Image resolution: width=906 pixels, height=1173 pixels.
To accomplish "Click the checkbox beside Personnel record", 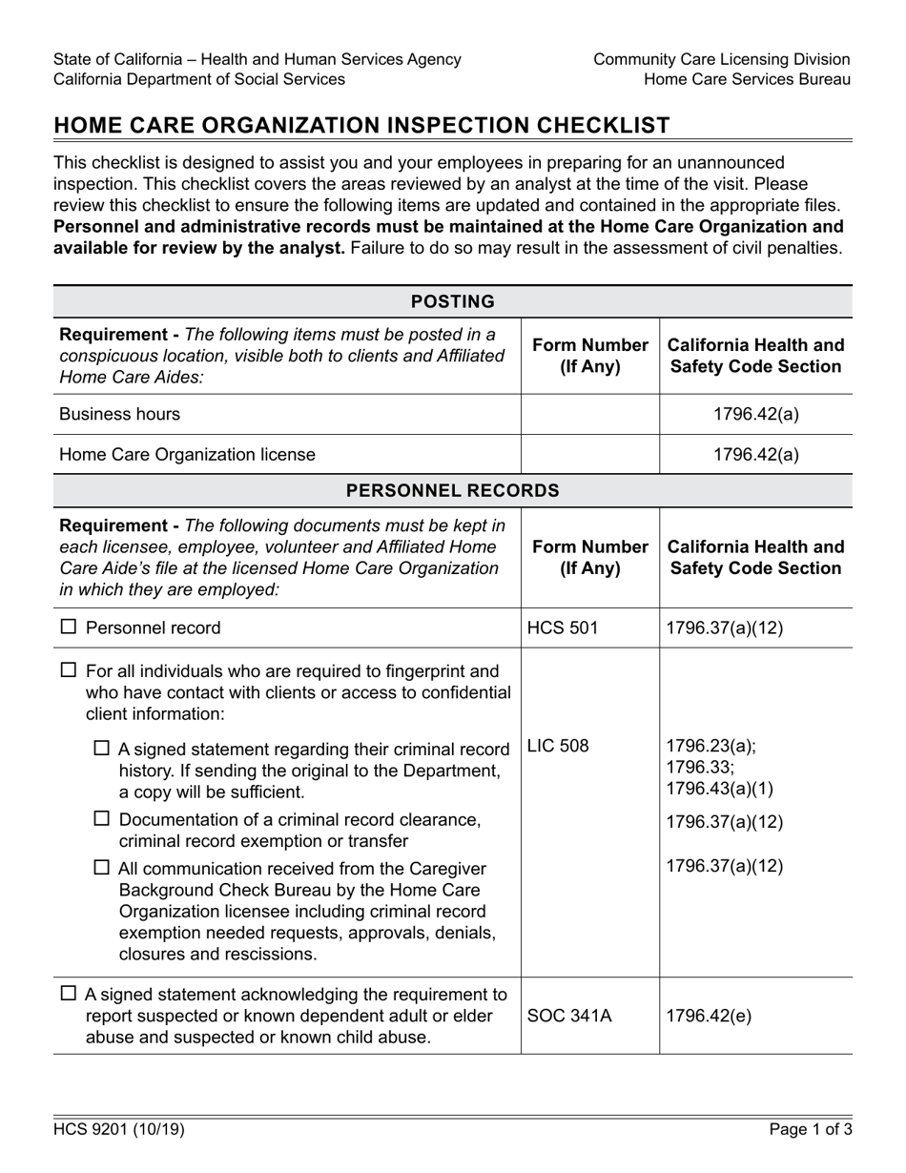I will click(69, 628).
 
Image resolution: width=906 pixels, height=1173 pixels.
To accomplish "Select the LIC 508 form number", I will click(558, 746).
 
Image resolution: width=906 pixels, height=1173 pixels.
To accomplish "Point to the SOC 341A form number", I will click(569, 1016).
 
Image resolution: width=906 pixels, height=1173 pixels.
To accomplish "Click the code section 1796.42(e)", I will click(710, 1016).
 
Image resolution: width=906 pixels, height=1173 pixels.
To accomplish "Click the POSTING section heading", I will click(452, 301).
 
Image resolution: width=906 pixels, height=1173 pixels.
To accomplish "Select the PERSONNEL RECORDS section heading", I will click(452, 490).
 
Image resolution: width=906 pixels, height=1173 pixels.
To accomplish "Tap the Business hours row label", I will click(119, 414).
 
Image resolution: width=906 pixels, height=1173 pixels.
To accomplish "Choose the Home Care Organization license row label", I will click(187, 454).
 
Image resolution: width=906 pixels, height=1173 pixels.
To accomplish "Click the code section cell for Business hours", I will click(755, 414).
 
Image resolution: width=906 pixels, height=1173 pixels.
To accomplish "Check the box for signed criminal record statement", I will click(102, 750).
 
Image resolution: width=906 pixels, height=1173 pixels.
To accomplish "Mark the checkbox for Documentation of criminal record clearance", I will click(102, 819).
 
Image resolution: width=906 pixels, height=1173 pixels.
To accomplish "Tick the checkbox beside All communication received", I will click(102, 869).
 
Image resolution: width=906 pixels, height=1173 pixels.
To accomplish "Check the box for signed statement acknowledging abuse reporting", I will click(69, 994).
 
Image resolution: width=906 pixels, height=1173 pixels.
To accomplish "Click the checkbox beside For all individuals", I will click(69, 670).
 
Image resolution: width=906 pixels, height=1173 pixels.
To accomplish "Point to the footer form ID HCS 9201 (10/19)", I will click(119, 1130).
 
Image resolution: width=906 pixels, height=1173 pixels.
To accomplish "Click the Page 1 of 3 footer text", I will click(810, 1130).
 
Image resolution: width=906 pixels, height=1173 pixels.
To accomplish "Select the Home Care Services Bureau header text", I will click(747, 79).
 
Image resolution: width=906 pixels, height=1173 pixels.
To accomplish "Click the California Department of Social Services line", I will click(199, 79).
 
